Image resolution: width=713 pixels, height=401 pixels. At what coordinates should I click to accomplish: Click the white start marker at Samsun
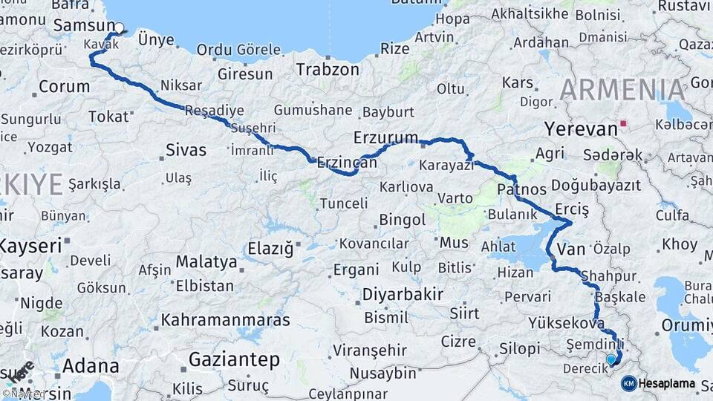[119, 27]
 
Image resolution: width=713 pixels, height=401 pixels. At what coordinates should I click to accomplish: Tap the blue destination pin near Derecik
[611, 359]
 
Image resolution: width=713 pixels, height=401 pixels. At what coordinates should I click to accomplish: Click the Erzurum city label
[386, 138]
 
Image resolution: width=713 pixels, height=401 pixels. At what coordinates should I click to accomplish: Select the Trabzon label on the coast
[328, 70]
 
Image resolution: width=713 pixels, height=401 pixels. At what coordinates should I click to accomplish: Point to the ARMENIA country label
[622, 90]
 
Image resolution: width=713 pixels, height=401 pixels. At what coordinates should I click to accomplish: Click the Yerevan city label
[581, 128]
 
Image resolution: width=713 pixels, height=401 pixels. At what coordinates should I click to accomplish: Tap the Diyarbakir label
[402, 294]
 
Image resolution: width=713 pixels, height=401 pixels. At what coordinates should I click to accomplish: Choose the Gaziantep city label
[234, 361]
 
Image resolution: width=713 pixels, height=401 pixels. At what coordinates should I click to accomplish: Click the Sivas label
[186, 151]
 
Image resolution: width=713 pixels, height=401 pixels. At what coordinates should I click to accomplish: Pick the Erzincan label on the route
[344, 162]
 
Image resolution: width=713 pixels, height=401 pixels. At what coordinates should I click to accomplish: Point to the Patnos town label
[521, 189]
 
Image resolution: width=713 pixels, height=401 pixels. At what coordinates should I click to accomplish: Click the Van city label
[570, 250]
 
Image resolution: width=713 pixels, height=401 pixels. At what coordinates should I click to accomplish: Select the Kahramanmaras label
[225, 321]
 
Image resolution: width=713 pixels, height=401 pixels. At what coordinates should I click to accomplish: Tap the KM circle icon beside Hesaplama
[628, 383]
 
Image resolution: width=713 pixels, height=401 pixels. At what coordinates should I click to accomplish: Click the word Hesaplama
[668, 384]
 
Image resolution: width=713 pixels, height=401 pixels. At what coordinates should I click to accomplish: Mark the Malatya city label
[206, 262]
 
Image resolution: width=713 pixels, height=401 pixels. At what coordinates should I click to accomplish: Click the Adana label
[91, 366]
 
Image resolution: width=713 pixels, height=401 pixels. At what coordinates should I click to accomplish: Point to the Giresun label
[245, 74]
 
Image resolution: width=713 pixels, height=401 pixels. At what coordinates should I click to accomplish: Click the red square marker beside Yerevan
[624, 123]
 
